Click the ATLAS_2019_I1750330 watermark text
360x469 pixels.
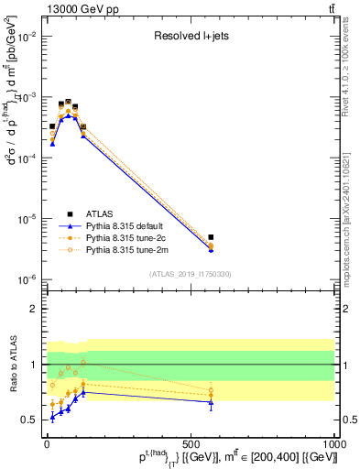(x=191, y=274)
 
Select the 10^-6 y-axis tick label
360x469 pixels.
(x=27, y=279)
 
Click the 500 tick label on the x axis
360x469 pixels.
(x=191, y=442)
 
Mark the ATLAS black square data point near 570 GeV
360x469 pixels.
(x=211, y=237)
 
